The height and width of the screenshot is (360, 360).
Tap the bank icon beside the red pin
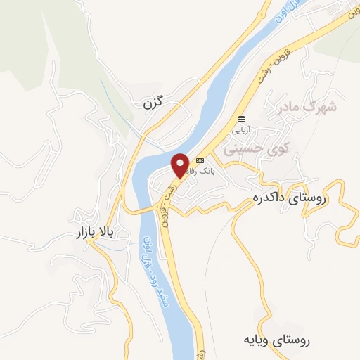pos(200,161)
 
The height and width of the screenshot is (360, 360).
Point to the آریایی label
pos(242,130)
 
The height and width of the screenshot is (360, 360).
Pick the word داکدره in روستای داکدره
pos(271,199)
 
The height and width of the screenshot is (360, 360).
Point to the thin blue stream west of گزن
pos(116,105)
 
